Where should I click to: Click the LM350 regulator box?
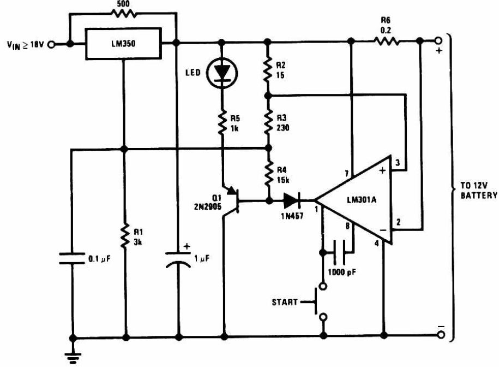[x=123, y=44]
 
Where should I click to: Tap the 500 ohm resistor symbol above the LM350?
[x=123, y=13]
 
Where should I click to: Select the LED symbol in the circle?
[x=222, y=73]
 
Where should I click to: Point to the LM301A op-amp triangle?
[x=353, y=200]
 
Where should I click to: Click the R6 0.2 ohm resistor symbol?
[x=386, y=41]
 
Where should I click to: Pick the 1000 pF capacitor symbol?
[x=339, y=252]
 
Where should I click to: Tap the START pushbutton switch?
[x=318, y=301]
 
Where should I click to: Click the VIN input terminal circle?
[x=51, y=44]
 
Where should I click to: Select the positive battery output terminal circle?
[x=438, y=41]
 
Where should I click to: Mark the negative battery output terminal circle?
[x=441, y=334]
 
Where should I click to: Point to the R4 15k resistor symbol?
[x=269, y=174]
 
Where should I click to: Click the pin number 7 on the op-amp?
[x=347, y=174]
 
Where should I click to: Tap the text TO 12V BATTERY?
[x=479, y=190]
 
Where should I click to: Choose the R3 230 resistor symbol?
[x=269, y=121]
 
